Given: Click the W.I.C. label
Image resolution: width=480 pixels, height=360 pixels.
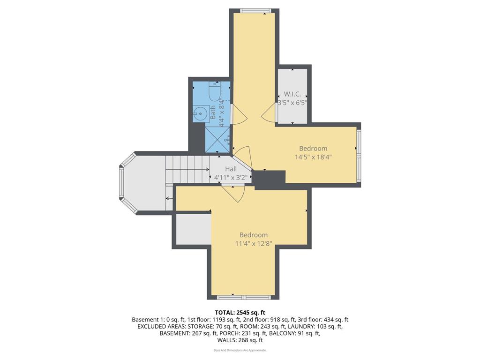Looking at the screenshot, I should click(292, 94).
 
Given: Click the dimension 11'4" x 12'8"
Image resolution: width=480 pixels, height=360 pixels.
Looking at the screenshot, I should click(253, 243).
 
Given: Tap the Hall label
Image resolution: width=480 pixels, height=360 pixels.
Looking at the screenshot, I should click(231, 169).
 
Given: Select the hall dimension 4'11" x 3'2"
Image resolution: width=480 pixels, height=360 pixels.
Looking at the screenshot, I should click(230, 178).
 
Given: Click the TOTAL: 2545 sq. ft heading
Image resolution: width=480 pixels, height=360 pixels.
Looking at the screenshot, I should click(240, 312).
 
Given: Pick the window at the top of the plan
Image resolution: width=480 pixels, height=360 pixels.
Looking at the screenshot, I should click(256, 11).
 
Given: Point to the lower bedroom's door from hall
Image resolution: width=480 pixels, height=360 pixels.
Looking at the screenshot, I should click(233, 193).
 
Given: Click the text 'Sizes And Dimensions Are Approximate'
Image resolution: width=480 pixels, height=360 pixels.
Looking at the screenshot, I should click(240, 350).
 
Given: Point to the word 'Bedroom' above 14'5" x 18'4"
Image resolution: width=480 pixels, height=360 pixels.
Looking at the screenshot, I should click(313, 148).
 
